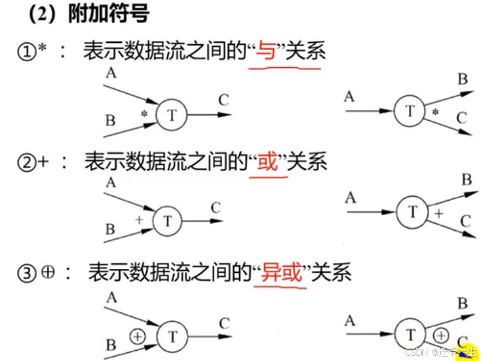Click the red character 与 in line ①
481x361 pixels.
[265, 52]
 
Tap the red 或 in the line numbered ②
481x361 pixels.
[266, 163]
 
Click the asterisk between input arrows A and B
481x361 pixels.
[144, 114]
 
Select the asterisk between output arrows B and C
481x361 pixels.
[435, 113]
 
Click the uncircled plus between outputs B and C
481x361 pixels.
[439, 212]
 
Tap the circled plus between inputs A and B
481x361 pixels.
[138, 335]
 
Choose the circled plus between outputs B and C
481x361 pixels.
[441, 334]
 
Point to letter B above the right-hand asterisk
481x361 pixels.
[463, 79]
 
